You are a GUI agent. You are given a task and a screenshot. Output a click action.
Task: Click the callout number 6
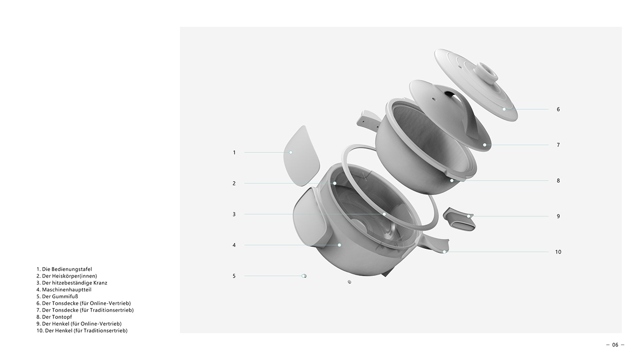pos(558,109)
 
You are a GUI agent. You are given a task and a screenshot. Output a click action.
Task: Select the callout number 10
pos(558,252)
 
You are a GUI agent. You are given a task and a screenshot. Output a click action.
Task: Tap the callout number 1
pos(234,152)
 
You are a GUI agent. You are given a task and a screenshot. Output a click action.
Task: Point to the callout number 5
pos(234,276)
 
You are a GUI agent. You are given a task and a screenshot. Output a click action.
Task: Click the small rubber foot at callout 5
pos(304,276)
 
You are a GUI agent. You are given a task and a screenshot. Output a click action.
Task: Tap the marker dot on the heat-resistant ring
pos(384,214)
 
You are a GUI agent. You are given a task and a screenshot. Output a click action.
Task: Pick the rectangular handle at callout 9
pos(459,220)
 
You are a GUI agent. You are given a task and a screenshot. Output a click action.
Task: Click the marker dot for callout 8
pos(452,181)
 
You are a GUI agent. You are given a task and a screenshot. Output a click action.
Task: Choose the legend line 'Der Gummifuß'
pos(57,296)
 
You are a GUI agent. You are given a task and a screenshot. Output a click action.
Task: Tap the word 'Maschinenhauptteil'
pos(67,290)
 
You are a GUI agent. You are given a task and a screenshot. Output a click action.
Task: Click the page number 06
pos(615,345)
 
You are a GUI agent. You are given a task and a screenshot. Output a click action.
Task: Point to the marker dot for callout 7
pos(485,145)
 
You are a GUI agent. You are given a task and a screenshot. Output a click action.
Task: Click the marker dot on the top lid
pos(504,109)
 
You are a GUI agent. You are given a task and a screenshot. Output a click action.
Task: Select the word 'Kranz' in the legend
pos(100,283)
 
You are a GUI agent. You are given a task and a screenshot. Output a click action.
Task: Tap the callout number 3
pos(234,214)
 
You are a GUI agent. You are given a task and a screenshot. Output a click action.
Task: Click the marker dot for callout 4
pos(339,245)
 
